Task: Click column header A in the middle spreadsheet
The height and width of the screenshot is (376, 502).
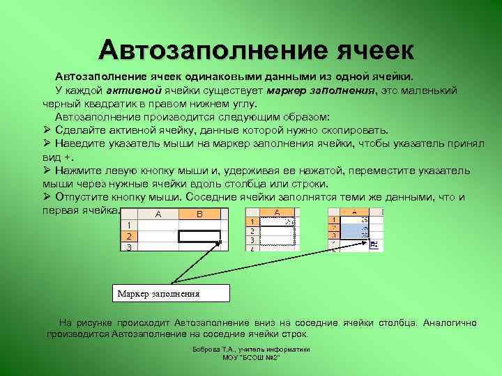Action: point(277,212)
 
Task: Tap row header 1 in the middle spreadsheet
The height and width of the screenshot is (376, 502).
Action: point(253,221)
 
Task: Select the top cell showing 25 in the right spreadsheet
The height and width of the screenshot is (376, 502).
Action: point(358,219)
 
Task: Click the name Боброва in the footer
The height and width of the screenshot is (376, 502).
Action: point(207,349)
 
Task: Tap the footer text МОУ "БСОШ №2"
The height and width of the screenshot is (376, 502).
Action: point(251,357)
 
